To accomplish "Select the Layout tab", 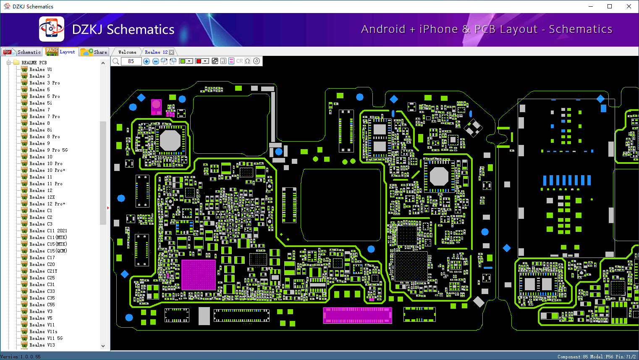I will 61,52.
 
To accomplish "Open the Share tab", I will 94,52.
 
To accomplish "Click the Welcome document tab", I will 127,52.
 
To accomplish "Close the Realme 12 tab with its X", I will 171,52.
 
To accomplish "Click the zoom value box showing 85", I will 131,61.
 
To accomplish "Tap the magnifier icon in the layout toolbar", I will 116,61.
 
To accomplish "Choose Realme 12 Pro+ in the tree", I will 47,204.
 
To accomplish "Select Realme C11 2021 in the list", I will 48,231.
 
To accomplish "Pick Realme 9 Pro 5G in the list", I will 48,150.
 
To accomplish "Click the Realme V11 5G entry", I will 46,338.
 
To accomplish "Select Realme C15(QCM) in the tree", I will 48,251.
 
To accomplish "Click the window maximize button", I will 610,6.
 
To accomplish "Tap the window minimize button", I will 591,6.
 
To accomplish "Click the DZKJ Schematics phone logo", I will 52,29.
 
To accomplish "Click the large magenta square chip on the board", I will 199,275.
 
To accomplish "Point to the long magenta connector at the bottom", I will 357,315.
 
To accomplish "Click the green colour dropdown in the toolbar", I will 186,61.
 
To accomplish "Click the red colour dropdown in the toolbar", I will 202,61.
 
